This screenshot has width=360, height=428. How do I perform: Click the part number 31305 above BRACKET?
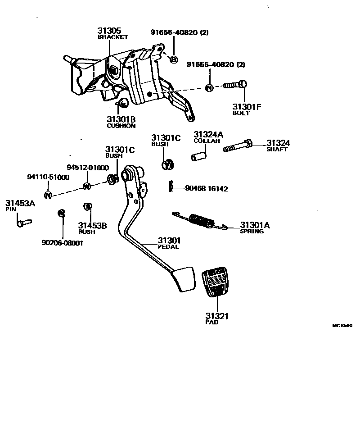click(109, 31)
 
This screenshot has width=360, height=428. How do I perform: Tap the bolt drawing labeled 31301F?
click(235, 85)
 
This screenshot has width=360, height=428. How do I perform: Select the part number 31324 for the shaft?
click(278, 143)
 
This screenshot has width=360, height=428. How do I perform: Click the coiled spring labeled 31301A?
click(201, 220)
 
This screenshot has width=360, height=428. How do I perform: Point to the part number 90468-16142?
click(206, 189)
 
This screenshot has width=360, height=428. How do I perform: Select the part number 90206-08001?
click(63, 243)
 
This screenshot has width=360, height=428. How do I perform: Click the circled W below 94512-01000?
click(87, 186)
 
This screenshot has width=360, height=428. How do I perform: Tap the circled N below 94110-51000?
click(49, 195)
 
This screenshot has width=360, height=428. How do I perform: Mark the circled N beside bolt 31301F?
click(209, 88)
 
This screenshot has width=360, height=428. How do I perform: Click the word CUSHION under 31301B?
click(121, 126)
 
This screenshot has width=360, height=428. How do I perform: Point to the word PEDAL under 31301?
click(168, 247)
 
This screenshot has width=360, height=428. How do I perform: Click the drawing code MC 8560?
click(342, 325)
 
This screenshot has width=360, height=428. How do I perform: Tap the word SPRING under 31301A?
click(252, 231)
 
